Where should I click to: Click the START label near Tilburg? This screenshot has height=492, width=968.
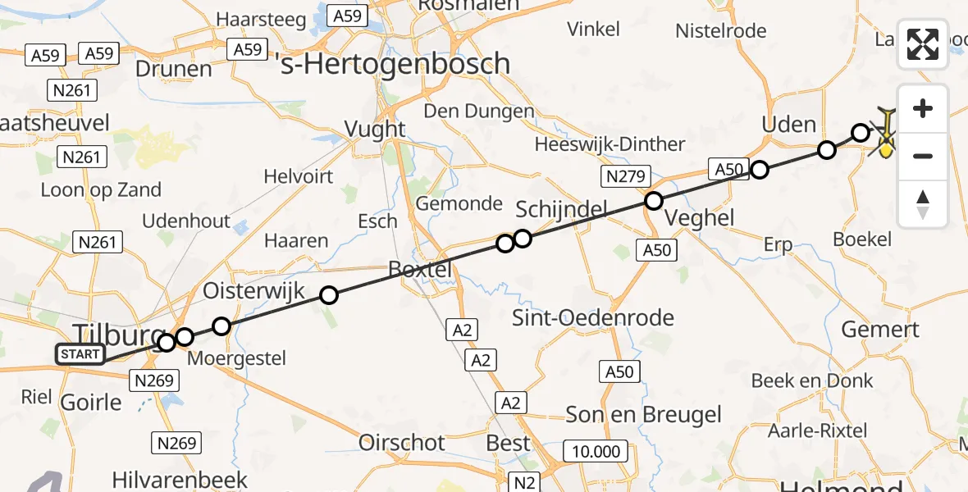80,355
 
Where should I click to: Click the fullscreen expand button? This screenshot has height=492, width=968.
923,44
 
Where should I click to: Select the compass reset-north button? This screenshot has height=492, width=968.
923,203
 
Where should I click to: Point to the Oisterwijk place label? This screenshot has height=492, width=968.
253,291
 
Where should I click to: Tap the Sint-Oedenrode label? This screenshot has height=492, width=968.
593,317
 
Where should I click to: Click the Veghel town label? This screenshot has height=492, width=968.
700,218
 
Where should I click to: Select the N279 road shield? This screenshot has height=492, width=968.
625,175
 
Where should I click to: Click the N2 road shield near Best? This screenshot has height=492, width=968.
524,482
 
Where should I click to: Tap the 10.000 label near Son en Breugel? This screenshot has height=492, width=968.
596,451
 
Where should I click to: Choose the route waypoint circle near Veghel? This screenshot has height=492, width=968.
653,200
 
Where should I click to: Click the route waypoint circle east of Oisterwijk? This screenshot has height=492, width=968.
328,295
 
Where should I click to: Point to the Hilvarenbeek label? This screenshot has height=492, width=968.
168,479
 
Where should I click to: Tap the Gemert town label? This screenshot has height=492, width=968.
881,330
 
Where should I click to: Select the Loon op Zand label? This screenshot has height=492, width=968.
102,190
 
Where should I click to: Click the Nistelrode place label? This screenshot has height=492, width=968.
721,31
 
